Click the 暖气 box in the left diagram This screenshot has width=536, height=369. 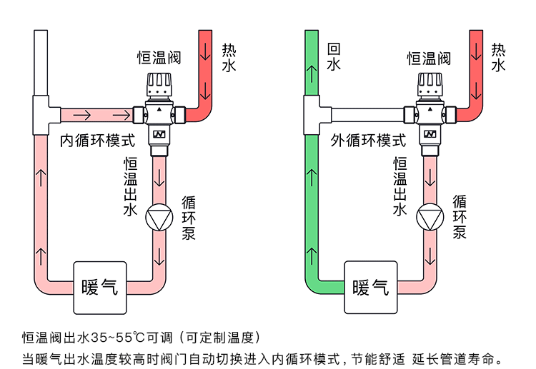click(100, 288)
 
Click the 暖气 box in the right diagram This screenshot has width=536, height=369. click(371, 288)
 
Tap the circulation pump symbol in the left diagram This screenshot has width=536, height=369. click(159, 217)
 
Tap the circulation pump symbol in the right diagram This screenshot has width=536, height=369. click(430, 217)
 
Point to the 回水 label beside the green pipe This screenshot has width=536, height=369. click(333, 57)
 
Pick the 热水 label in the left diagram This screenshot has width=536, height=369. click(228, 57)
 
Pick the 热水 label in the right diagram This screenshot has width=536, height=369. click(498, 57)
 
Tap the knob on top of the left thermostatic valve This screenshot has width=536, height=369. click(159, 86)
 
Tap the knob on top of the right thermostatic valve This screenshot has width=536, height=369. click(429, 86)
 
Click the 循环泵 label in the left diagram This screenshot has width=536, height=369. click(189, 217)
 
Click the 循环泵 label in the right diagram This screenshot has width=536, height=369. click(460, 217)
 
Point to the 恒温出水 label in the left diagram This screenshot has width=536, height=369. click(129, 186)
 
